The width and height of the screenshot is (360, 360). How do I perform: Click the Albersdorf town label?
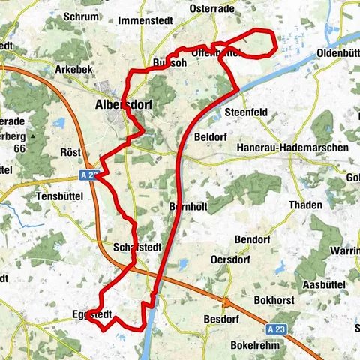point(124,106)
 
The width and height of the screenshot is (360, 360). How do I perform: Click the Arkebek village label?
point(73,68)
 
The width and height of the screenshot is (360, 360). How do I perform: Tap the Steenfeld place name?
point(245,112)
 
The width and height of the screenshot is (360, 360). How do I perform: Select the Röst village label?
point(70,151)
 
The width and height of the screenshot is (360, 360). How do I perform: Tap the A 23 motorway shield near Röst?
point(88,175)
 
